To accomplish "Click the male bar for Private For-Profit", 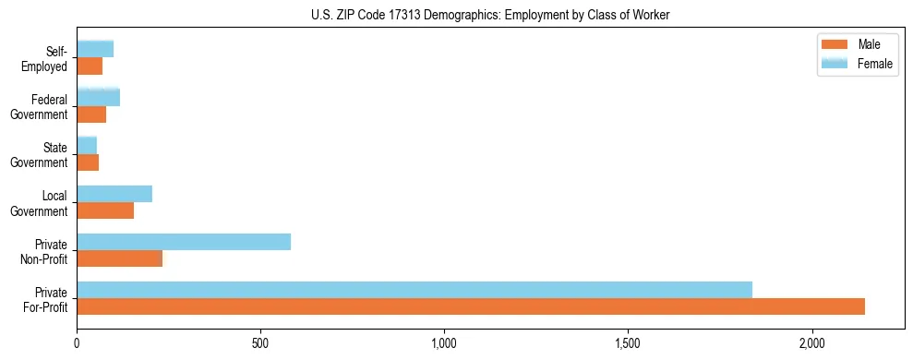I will click(x=471, y=306).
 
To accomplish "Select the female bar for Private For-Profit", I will click(x=414, y=290).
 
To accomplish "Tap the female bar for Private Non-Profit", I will click(x=184, y=242).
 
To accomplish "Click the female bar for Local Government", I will click(x=114, y=194).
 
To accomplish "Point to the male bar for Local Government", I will click(x=105, y=210).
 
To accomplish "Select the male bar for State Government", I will click(x=88, y=162).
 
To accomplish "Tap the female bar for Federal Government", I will click(x=98, y=97).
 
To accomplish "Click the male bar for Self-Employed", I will click(x=90, y=66).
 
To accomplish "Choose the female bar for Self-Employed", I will click(x=95, y=49).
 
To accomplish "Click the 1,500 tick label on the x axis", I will click(x=628, y=343).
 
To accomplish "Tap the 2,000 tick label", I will click(x=811, y=343).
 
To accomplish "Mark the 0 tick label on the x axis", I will click(x=78, y=343).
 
